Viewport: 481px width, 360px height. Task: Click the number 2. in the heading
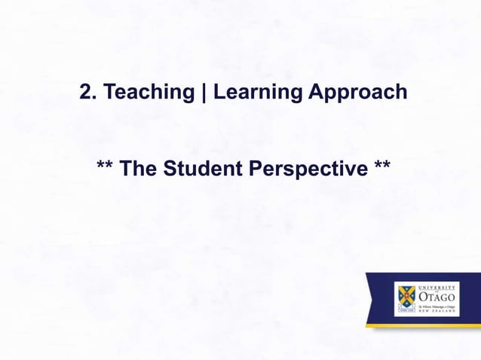tap(87, 93)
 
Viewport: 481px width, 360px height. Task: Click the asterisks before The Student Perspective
tap(106, 166)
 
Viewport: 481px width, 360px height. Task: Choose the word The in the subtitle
tap(139, 169)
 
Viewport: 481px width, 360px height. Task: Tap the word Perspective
tap(306, 169)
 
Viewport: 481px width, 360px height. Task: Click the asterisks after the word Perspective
tap(381, 166)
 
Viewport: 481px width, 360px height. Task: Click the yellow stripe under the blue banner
tap(422, 325)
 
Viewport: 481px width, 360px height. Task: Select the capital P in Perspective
tap(254, 169)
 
